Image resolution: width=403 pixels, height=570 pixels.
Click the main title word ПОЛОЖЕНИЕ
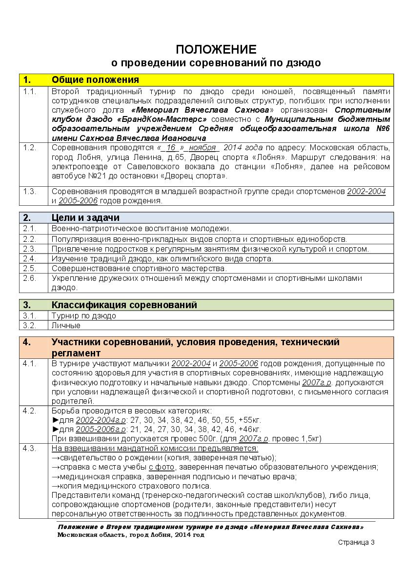coord(216,49)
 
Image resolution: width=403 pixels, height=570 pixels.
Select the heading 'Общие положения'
coord(95,80)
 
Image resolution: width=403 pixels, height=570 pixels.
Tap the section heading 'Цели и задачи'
coord(85,217)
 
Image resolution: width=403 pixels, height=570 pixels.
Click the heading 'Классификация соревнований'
coord(124,305)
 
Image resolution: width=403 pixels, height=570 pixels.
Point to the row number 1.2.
coord(29,148)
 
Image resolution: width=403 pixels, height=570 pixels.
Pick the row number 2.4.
coord(29,258)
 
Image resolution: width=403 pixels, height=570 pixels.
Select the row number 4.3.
coord(29,449)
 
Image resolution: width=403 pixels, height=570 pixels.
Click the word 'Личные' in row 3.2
coord(66,325)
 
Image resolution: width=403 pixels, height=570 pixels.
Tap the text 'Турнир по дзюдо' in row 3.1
coord(84,315)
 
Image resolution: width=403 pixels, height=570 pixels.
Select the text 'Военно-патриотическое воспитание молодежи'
coord(141,228)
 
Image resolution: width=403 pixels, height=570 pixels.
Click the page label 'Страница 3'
coord(356,542)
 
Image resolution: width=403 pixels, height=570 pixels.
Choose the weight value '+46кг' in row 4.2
coord(249,429)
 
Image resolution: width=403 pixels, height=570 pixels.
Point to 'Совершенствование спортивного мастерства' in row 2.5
coord(139,268)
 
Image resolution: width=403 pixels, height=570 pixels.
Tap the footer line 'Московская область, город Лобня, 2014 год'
coord(131,534)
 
